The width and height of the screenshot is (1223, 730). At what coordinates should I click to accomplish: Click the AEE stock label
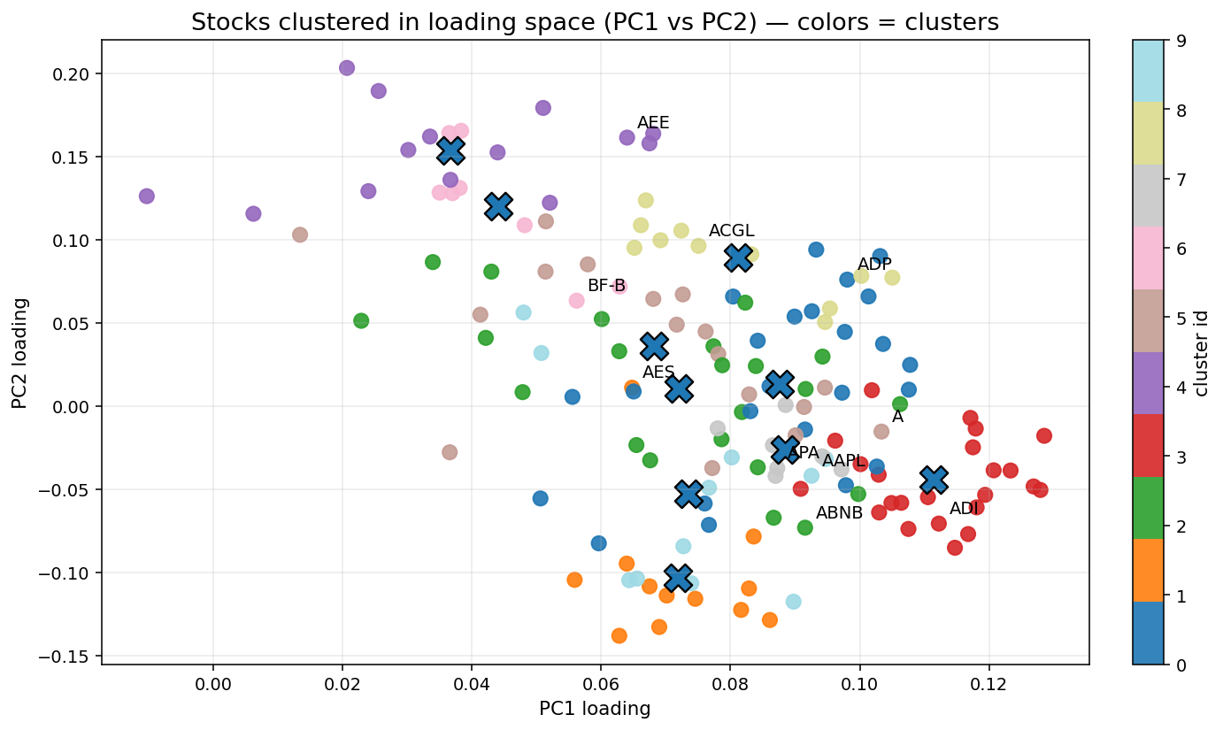click(x=653, y=123)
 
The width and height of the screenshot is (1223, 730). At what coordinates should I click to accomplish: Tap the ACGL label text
click(x=731, y=232)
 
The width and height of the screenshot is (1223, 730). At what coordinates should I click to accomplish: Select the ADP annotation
click(x=874, y=265)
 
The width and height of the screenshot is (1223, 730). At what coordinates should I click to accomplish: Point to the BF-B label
click(x=606, y=286)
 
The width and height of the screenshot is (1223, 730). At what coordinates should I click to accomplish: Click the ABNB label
click(x=839, y=512)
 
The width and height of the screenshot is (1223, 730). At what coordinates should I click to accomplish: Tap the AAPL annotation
click(x=844, y=460)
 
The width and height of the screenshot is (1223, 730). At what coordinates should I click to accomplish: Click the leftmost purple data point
click(x=147, y=196)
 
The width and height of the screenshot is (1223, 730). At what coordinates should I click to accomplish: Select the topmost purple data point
click(x=347, y=68)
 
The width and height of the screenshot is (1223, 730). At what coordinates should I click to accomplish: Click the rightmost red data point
click(x=1044, y=435)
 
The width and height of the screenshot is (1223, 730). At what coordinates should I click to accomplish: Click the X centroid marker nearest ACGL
click(x=738, y=257)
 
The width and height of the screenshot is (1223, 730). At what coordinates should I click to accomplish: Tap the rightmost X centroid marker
click(x=933, y=480)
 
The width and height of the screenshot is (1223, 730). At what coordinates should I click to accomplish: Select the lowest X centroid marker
click(x=678, y=578)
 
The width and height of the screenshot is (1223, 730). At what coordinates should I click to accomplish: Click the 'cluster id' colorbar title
click(x=1202, y=352)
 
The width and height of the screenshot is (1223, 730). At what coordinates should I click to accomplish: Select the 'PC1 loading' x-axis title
click(x=595, y=709)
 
